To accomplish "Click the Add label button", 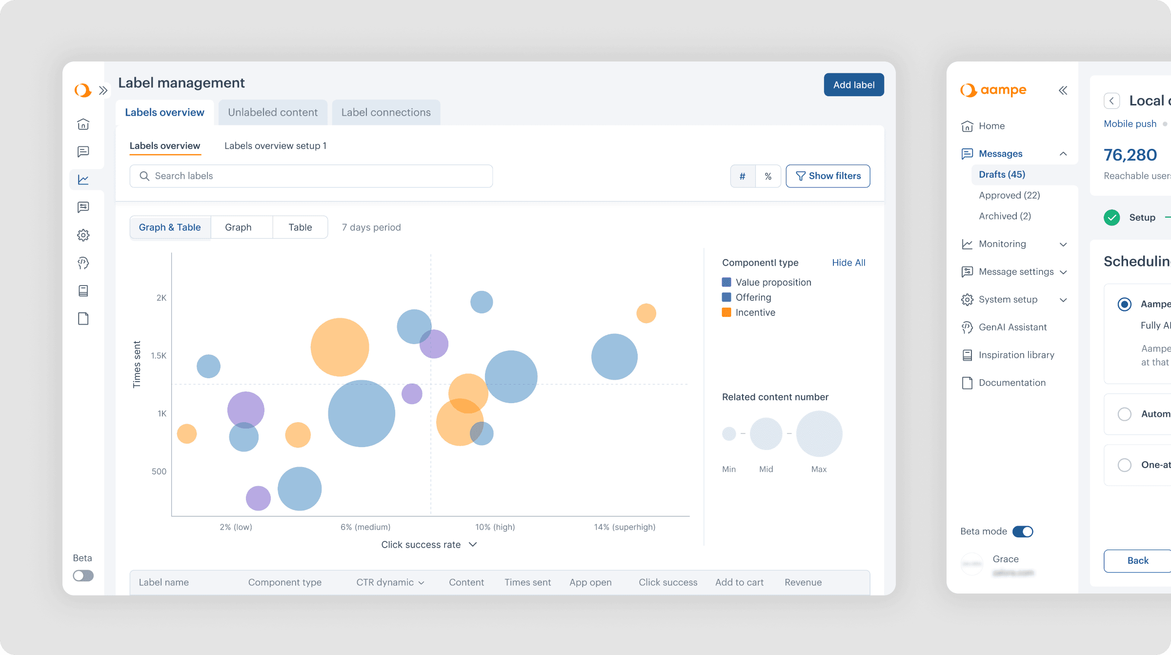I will pyautogui.click(x=853, y=85).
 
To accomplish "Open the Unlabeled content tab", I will pyautogui.click(x=273, y=112).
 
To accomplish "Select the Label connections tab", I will pyautogui.click(x=386, y=112).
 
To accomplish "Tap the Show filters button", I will pyautogui.click(x=828, y=176).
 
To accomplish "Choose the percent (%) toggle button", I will pyautogui.click(x=768, y=176).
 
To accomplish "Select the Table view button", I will pyautogui.click(x=300, y=227).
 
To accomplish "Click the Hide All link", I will pyautogui.click(x=848, y=263).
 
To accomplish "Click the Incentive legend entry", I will pyautogui.click(x=755, y=312).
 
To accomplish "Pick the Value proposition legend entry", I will pyautogui.click(x=773, y=282).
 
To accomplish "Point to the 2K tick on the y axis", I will pyautogui.click(x=162, y=298).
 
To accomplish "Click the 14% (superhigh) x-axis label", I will pyautogui.click(x=625, y=527).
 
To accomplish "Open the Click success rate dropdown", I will pyautogui.click(x=428, y=545).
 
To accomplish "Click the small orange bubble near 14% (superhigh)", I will pyautogui.click(x=646, y=313).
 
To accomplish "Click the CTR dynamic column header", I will pyautogui.click(x=390, y=582).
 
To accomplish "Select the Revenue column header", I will pyautogui.click(x=803, y=582).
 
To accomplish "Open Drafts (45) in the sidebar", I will pyautogui.click(x=1002, y=174).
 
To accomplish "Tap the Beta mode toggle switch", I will pyautogui.click(x=1023, y=532).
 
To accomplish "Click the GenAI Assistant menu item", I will pyautogui.click(x=1012, y=327).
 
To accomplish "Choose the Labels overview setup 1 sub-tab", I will pyautogui.click(x=275, y=146).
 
